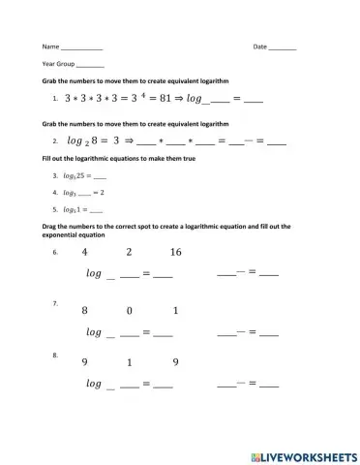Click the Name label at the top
pyautogui.click(x=50, y=46)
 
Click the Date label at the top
pyautogui.click(x=259, y=46)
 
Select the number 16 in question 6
pyautogui.click(x=175, y=253)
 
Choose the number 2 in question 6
pyautogui.click(x=130, y=253)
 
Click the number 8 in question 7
pyautogui.click(x=85, y=311)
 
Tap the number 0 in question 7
pyautogui.click(x=130, y=311)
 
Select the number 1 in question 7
pyautogui.click(x=175, y=311)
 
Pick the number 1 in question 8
pyautogui.click(x=130, y=363)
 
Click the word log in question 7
pyautogui.click(x=94, y=332)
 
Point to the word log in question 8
pyautogui.click(x=94, y=384)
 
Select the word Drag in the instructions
pyautogui.click(x=51, y=225)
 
